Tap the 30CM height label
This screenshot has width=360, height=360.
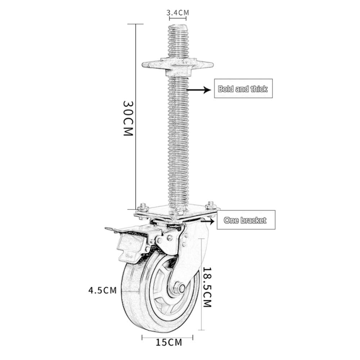pos(128,117)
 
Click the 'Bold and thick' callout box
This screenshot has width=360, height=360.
pos(243,88)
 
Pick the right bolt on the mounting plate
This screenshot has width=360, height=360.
pos(211,207)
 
